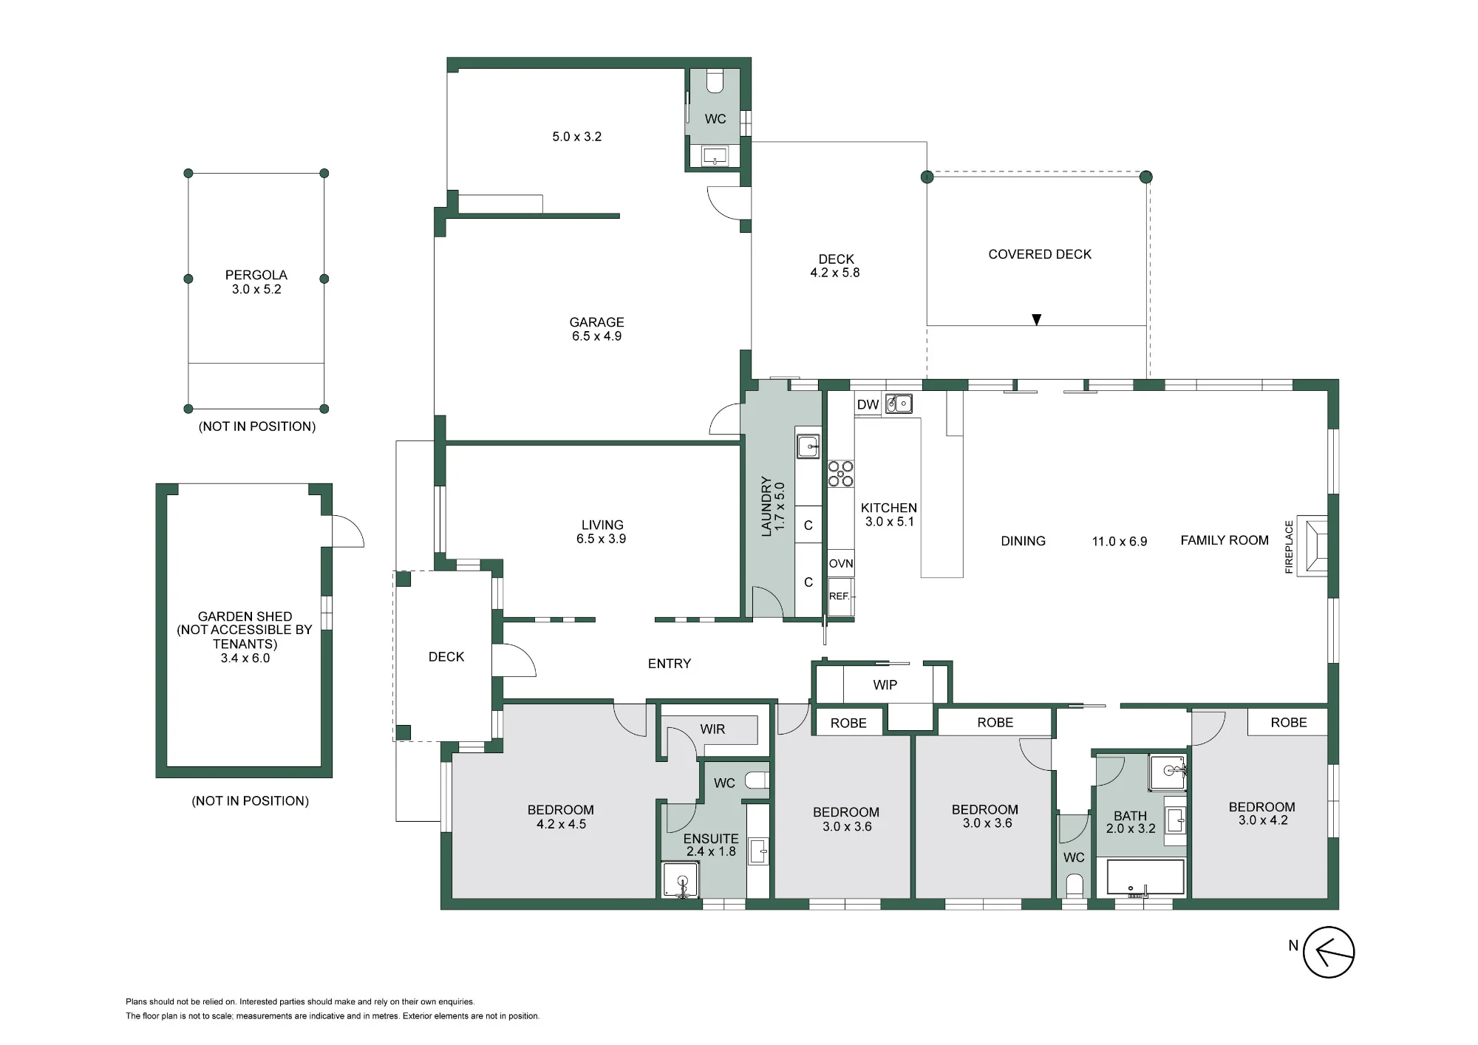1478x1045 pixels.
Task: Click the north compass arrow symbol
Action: (1328, 952)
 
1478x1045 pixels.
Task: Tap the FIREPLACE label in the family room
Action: (1289, 547)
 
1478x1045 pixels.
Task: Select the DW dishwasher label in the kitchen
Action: (868, 405)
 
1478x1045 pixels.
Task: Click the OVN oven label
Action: (841, 563)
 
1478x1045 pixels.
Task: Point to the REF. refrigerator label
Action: (839, 596)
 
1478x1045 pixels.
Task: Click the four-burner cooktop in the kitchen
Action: (840, 474)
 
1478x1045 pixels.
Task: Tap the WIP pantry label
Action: (885, 685)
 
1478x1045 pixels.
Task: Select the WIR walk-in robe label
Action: (712, 729)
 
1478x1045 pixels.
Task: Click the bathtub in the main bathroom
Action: (1145, 877)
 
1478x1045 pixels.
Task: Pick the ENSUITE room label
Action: (711, 839)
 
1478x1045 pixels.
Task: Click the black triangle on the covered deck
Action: (1037, 320)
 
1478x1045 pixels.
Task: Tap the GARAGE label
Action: (596, 322)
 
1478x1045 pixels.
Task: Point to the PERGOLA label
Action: (256, 275)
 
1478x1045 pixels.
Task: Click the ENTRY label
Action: (670, 664)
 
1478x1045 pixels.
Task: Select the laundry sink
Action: (808, 446)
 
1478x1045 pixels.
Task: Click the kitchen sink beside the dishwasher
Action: (899, 404)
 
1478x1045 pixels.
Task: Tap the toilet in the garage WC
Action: (715, 82)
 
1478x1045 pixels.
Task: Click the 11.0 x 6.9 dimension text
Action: (1120, 542)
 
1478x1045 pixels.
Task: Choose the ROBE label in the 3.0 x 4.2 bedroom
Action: (1289, 723)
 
